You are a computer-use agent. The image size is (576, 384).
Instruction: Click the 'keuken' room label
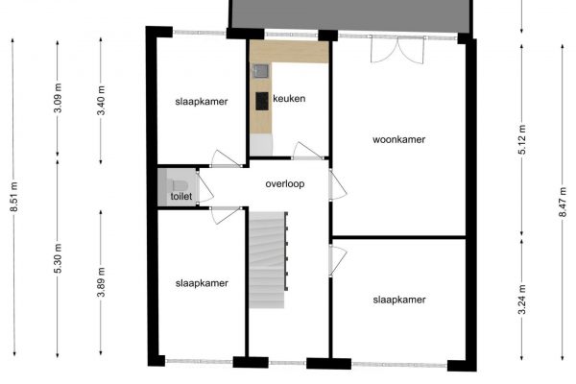[x=289, y=99]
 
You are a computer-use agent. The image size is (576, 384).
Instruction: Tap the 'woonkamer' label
[x=399, y=139]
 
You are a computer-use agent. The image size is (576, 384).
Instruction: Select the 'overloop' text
[x=285, y=183]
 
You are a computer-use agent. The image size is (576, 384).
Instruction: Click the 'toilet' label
[x=181, y=196]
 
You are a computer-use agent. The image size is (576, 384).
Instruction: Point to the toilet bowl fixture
[x=180, y=185]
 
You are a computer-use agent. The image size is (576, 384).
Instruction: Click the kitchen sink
[x=261, y=70]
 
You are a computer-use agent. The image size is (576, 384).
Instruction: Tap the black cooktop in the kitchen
[x=262, y=101]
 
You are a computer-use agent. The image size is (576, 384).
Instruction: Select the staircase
[x=268, y=260]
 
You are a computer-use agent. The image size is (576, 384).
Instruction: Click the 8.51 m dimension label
[x=14, y=197]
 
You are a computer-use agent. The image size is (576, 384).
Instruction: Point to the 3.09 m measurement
[x=58, y=98]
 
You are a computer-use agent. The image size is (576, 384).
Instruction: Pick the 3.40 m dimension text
[x=101, y=100]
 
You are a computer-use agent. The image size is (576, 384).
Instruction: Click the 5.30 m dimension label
[x=58, y=258]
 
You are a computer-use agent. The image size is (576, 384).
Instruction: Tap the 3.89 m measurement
[x=101, y=282]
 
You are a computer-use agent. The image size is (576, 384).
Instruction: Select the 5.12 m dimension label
[x=522, y=139]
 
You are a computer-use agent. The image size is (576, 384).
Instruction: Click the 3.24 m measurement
[x=522, y=300]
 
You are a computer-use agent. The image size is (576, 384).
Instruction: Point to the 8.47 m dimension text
[x=563, y=202]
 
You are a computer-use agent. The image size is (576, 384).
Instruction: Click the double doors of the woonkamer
[x=397, y=50]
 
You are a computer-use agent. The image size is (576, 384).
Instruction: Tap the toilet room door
[x=204, y=186]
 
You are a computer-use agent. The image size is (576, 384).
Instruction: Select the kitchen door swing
[x=308, y=151]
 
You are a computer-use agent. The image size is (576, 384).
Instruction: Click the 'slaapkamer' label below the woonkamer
[x=399, y=300]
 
